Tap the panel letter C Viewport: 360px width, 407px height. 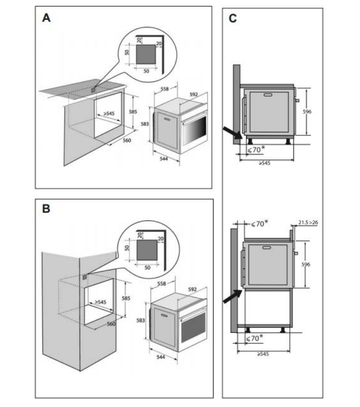(233, 19)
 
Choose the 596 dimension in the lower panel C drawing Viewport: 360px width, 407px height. (306, 265)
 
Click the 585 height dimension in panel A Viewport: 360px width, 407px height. (133, 111)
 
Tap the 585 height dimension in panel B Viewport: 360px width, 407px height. (126, 298)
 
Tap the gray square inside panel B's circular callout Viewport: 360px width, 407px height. (148, 249)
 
